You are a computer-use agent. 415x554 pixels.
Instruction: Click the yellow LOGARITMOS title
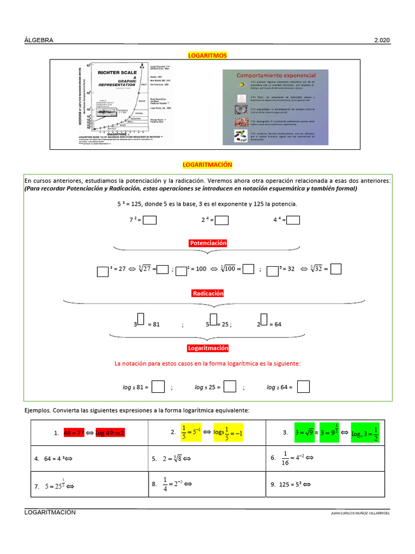coord(207,55)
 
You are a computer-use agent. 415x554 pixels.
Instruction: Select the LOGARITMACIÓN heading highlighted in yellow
coord(207,164)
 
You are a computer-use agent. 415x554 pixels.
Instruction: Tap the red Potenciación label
coord(208,243)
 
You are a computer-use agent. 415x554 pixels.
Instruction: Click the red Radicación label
coord(208,293)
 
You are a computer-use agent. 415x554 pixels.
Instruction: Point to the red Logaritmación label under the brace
coord(208,348)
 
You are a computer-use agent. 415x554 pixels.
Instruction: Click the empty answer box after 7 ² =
coord(150,220)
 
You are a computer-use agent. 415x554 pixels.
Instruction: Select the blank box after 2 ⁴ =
coord(222,220)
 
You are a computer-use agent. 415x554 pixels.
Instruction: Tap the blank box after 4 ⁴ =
coord(293,220)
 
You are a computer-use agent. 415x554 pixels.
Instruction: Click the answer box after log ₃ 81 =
coord(158,387)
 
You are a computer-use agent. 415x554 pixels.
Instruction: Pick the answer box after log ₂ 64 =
coord(303,387)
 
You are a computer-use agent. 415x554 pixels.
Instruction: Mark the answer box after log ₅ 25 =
coord(230,387)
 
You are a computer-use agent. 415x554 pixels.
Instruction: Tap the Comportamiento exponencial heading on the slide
coord(276,75)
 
